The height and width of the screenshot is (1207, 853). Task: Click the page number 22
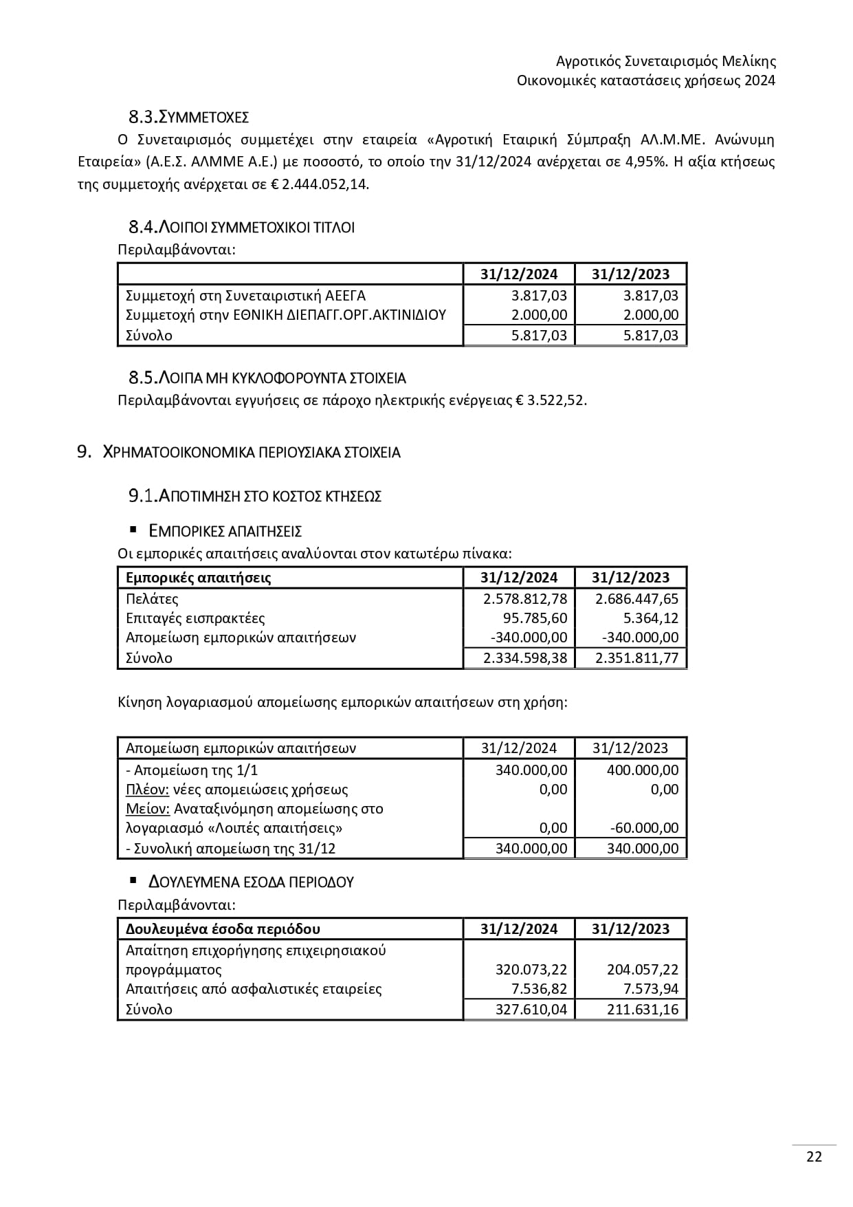(x=814, y=1156)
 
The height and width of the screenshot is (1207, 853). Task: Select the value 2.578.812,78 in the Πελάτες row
(x=525, y=599)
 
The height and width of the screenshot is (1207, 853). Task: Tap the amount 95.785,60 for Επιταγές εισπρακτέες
(x=534, y=618)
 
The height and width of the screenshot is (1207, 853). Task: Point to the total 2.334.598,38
(x=525, y=658)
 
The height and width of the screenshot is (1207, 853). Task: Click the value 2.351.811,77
(x=636, y=658)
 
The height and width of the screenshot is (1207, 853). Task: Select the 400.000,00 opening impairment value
(x=642, y=770)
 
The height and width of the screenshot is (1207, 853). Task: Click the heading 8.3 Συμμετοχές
(x=188, y=116)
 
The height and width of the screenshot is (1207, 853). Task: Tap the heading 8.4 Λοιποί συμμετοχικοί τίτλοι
(x=241, y=227)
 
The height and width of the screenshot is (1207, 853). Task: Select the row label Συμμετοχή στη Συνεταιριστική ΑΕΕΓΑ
(x=245, y=296)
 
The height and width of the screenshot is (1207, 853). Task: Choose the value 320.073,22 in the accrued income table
(x=531, y=970)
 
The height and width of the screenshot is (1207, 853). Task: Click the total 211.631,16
(x=643, y=1010)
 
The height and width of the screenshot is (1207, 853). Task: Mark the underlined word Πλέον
(x=147, y=790)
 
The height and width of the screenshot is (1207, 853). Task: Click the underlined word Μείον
(x=148, y=809)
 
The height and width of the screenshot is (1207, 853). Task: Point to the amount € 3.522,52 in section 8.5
(x=550, y=400)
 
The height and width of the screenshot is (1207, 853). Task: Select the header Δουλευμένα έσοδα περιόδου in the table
(x=223, y=929)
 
